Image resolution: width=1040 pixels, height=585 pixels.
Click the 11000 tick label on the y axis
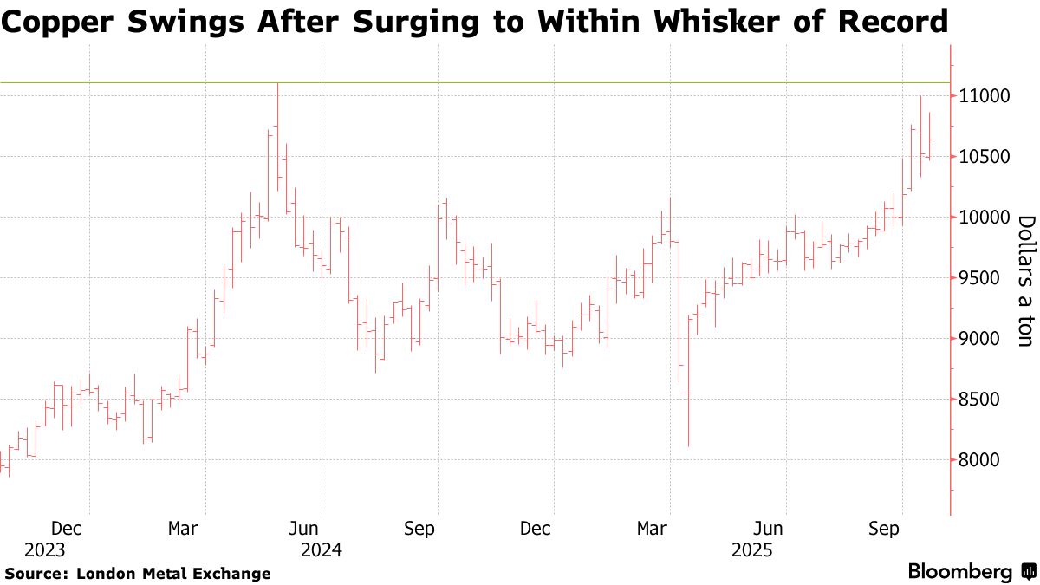(x=985, y=95)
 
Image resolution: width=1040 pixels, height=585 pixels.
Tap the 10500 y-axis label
(x=985, y=157)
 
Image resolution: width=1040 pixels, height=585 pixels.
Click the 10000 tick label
(x=985, y=218)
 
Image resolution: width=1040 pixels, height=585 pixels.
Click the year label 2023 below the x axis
(x=44, y=550)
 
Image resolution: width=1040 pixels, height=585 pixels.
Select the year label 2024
(x=321, y=550)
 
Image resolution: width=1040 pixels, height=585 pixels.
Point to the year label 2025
(x=752, y=550)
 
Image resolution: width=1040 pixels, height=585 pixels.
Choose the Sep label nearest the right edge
(x=885, y=528)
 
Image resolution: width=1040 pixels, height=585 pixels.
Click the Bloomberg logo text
(x=959, y=572)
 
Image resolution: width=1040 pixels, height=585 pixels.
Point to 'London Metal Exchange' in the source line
(x=173, y=574)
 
